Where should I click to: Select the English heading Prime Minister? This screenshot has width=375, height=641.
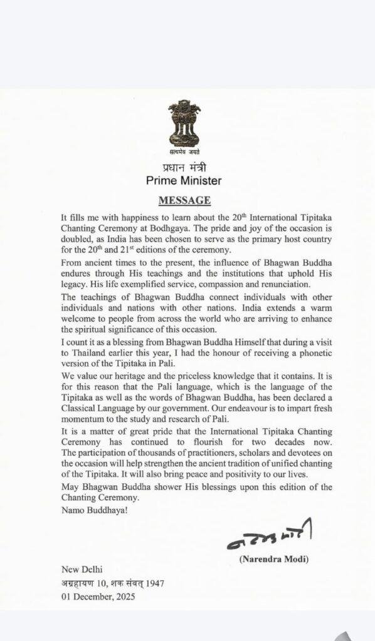[184, 181]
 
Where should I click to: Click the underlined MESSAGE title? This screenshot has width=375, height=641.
[184, 200]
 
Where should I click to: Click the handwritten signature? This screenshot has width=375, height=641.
[269, 534]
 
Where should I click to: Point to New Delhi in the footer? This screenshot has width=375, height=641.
[82, 570]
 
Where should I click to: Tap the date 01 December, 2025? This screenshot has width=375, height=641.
[98, 597]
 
